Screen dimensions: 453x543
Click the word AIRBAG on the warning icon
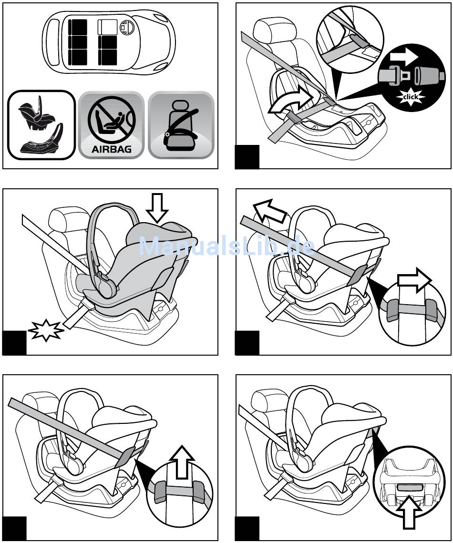point(111,149)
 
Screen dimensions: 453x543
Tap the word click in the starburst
point(410,97)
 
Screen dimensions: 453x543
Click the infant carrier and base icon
point(41,125)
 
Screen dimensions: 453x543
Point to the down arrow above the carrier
point(157,208)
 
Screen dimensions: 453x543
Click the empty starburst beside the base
point(46,329)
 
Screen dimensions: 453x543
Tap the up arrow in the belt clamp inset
point(183,462)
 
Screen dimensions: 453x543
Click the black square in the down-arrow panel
point(14,343)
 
